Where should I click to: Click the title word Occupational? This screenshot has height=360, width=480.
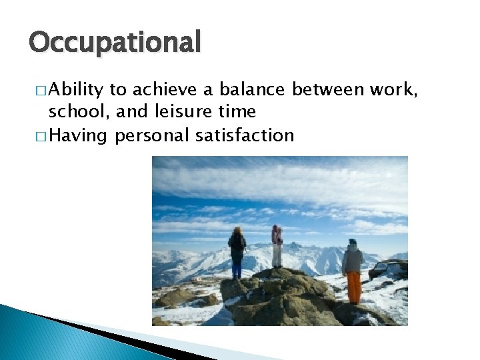[x=114, y=43]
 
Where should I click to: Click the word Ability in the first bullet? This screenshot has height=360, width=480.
[x=73, y=89]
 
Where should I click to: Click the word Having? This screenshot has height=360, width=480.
[x=78, y=135]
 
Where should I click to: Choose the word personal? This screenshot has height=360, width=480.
[x=153, y=135]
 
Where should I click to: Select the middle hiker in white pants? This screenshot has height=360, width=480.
[x=277, y=248]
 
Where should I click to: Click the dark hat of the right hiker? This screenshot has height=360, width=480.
[x=352, y=242]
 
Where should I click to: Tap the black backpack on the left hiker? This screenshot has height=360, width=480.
[x=237, y=243]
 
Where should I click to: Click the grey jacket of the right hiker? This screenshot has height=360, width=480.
[x=352, y=259]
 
